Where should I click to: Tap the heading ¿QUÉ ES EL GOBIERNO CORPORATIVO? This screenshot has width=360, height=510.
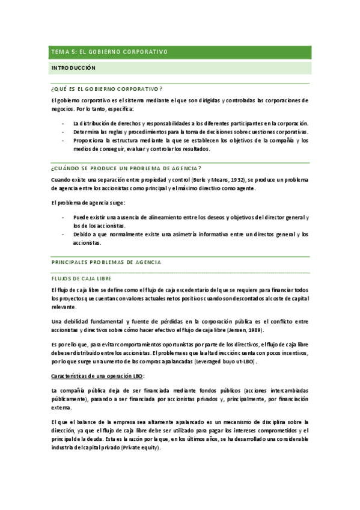[x=108, y=88]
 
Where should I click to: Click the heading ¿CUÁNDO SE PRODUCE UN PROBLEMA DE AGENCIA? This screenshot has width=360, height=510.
[x=127, y=168]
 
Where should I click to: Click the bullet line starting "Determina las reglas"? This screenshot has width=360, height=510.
[x=190, y=131]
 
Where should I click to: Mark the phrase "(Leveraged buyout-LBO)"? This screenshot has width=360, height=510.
[x=225, y=362]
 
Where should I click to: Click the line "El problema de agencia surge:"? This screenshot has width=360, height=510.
[x=88, y=203]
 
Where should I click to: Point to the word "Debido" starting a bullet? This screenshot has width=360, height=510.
[x=82, y=235]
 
